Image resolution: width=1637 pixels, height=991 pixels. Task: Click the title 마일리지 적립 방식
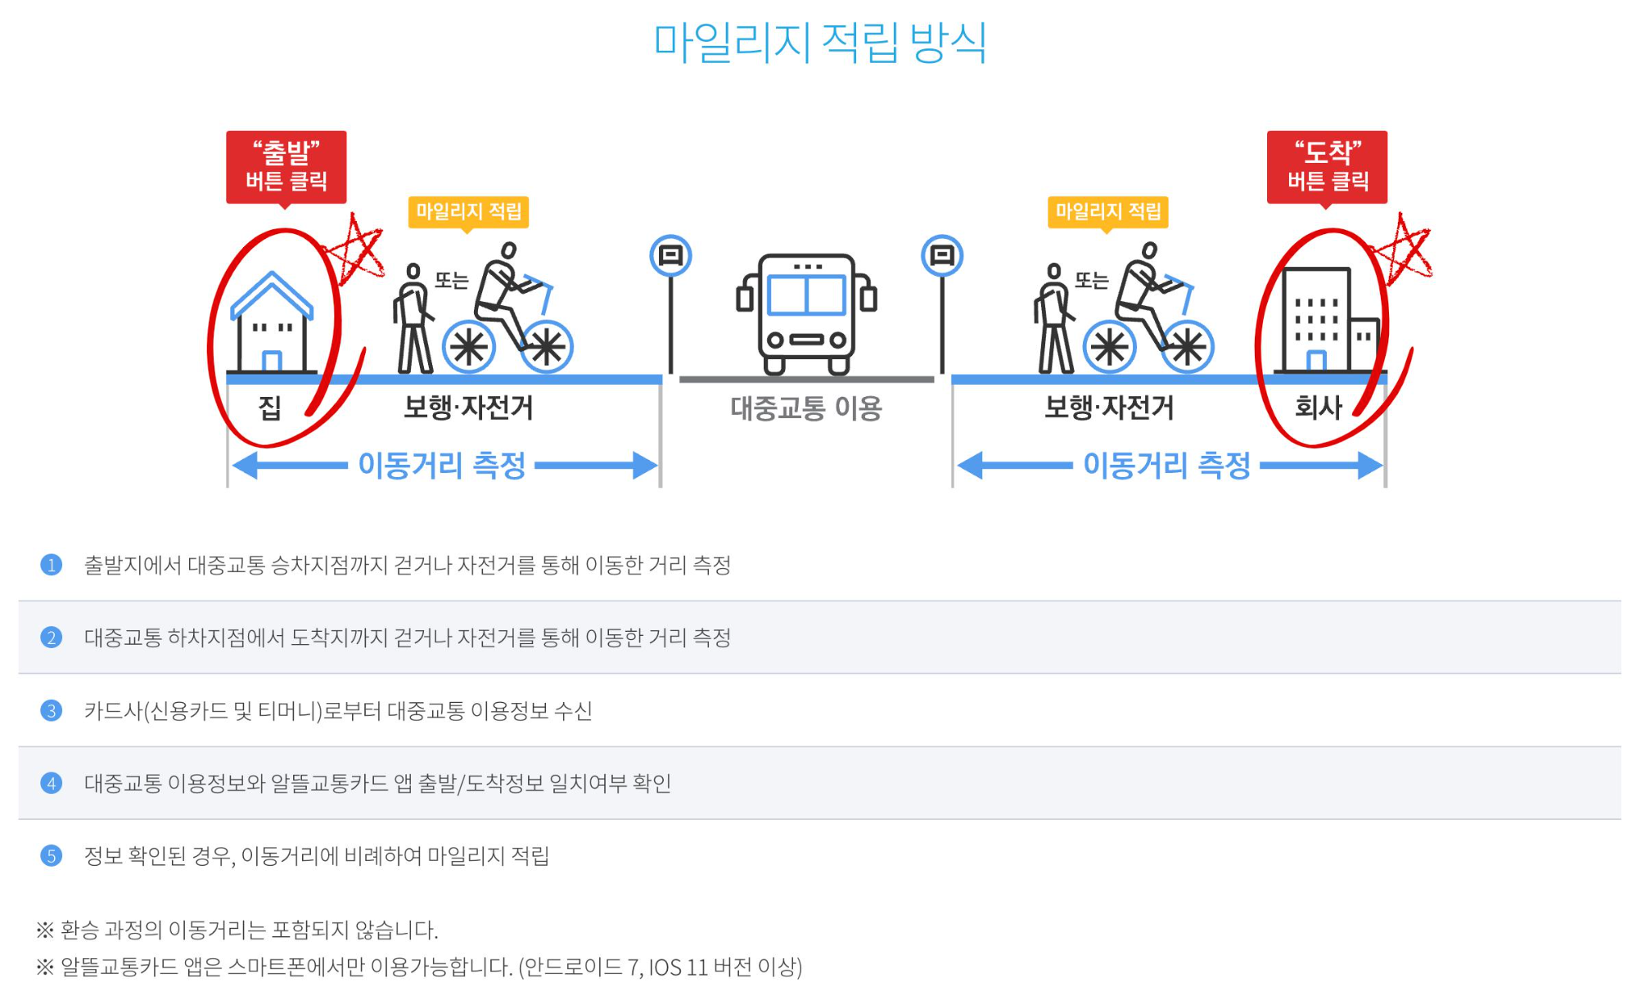(x=819, y=43)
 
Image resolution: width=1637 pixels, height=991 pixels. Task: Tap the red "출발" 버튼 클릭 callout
(x=286, y=166)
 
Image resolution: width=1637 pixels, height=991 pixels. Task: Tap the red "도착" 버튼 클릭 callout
(x=1327, y=166)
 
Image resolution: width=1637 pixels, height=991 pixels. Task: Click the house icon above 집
(x=272, y=323)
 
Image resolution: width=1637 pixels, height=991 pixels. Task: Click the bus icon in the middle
(x=806, y=313)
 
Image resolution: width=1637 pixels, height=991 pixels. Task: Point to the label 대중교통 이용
(x=806, y=408)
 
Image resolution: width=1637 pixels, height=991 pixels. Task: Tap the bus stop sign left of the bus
(x=670, y=257)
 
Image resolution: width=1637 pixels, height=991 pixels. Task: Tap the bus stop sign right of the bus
(x=942, y=257)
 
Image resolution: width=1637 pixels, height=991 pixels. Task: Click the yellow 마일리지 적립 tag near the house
(x=468, y=212)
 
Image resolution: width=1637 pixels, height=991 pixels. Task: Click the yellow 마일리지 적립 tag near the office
(x=1108, y=212)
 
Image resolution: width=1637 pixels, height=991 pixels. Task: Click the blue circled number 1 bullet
(x=51, y=565)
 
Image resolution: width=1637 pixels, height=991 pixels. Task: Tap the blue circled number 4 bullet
(x=51, y=783)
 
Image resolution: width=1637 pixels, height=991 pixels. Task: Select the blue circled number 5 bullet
(x=51, y=856)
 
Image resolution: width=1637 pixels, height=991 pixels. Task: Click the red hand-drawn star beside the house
(x=354, y=250)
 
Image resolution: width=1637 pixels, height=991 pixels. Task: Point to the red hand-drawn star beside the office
(x=1403, y=249)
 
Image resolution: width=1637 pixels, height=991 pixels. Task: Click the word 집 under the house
(x=270, y=407)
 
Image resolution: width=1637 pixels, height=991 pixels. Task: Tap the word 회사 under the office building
(x=1318, y=407)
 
